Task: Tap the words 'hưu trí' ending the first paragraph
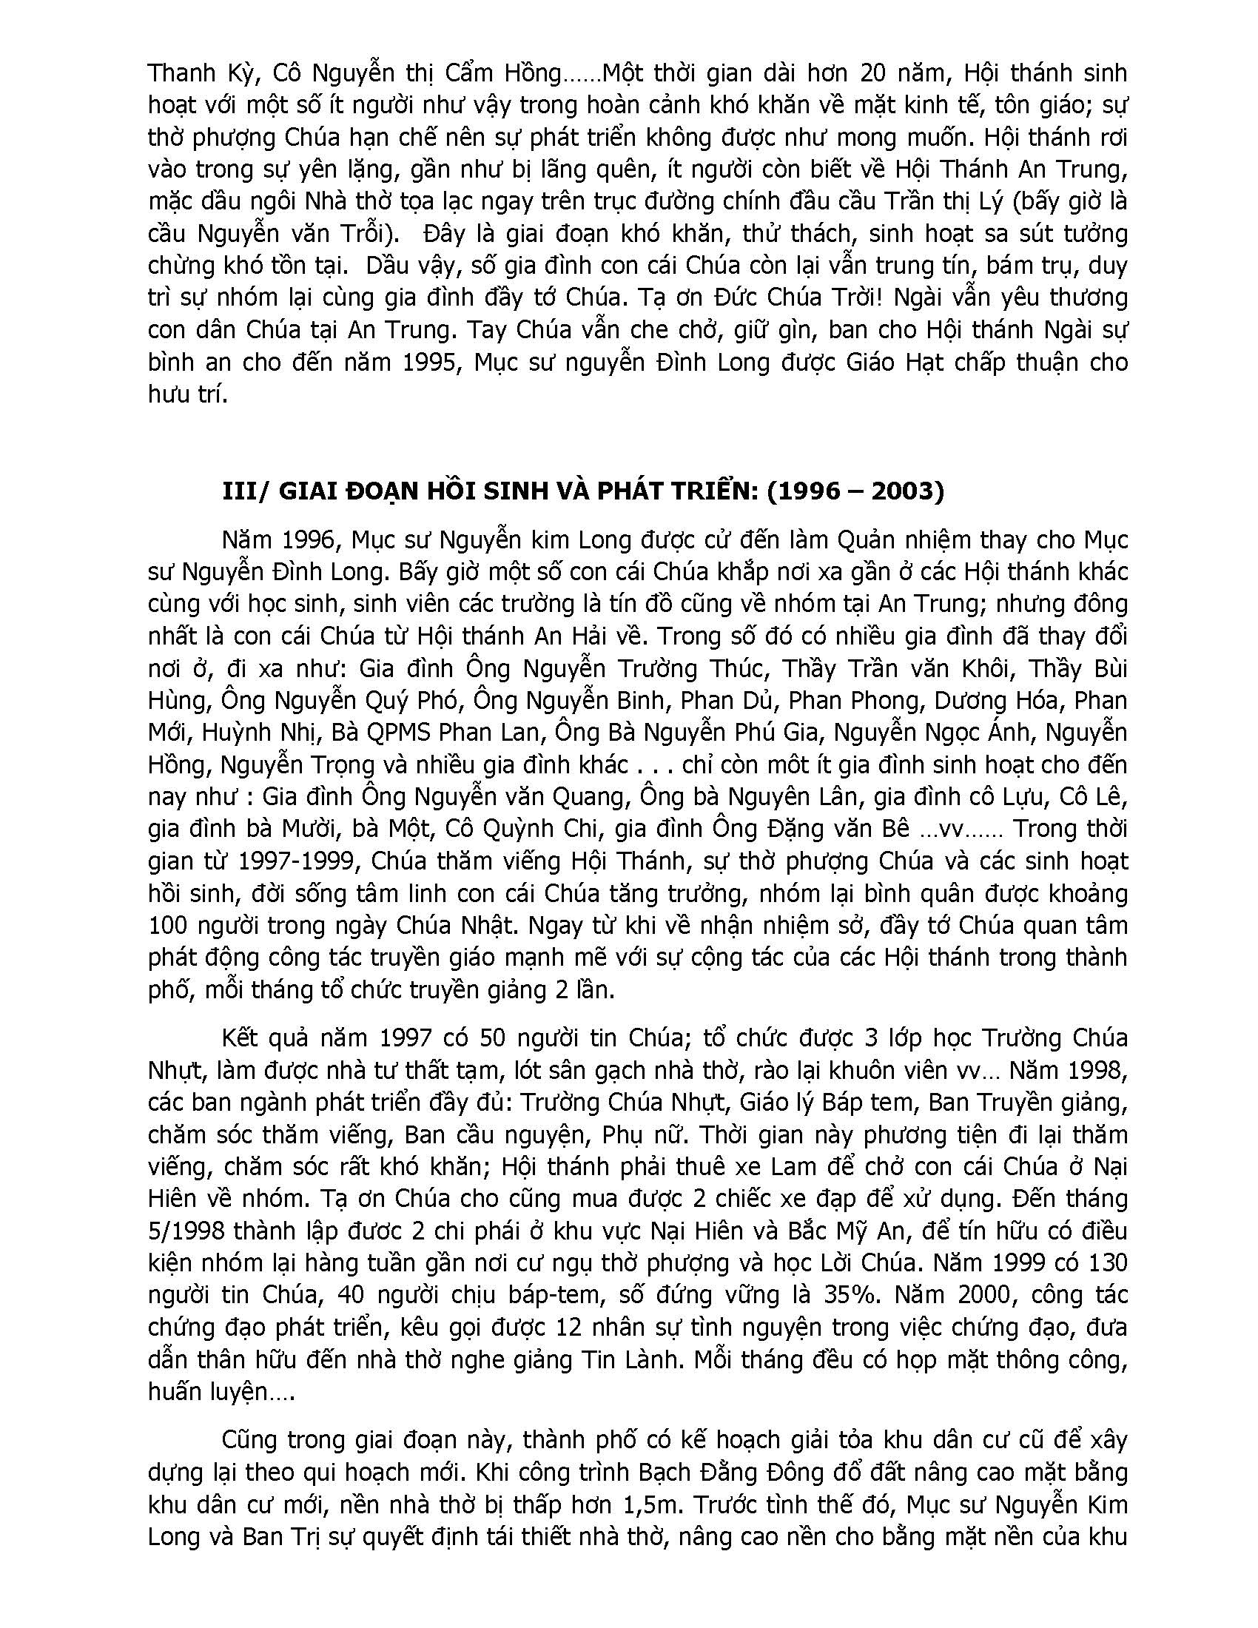click(186, 395)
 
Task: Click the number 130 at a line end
click(1106, 1262)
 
